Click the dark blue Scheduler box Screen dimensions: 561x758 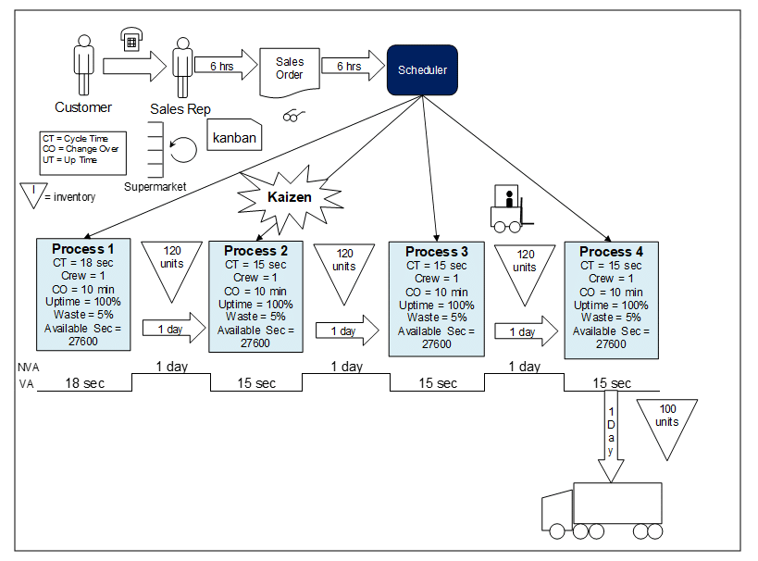coord(422,69)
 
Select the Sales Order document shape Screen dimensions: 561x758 coord(290,71)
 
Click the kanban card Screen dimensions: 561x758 coord(234,137)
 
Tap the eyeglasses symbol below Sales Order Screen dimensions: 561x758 coord(295,116)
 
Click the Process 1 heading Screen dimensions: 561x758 coord(83,248)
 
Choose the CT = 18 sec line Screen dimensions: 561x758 coord(83,262)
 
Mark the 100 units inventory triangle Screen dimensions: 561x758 coord(667,424)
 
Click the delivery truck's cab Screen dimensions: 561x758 coord(557,513)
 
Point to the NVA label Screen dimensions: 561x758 coord(29,367)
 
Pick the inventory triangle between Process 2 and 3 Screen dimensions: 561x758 coord(345,268)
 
